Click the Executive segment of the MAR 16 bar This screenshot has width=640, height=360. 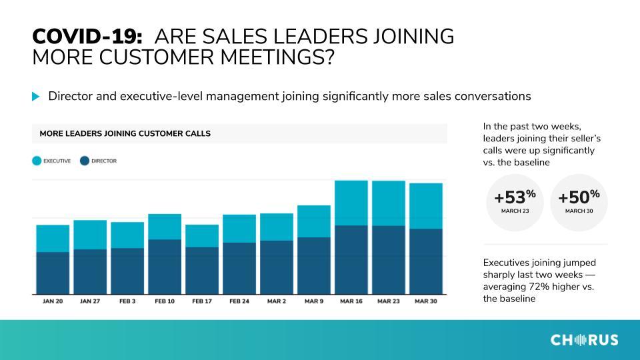coord(351,203)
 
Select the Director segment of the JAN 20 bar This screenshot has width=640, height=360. coord(53,273)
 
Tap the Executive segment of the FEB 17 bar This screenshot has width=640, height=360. coord(202,236)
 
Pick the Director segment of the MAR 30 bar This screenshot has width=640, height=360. coord(426,261)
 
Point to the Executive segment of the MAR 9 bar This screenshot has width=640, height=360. coord(314,221)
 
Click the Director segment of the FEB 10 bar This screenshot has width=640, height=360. coord(165,267)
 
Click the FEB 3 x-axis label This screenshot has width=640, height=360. coord(127,301)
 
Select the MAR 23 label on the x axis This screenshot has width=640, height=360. coord(389,301)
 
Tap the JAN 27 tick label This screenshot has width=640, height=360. coord(90,301)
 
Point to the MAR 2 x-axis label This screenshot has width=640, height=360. coord(277,301)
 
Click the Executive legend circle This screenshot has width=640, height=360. coord(37,161)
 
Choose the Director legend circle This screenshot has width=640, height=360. coord(85,161)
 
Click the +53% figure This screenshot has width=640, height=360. coord(515,197)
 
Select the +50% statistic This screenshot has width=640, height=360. coord(579,197)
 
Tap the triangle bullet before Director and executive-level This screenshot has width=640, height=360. coord(36,96)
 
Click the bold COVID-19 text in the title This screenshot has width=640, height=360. coord(87,36)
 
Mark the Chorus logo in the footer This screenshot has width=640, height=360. coord(584,339)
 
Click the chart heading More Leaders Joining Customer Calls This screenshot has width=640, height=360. coord(125,133)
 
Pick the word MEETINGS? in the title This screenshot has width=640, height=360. coord(277,57)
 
